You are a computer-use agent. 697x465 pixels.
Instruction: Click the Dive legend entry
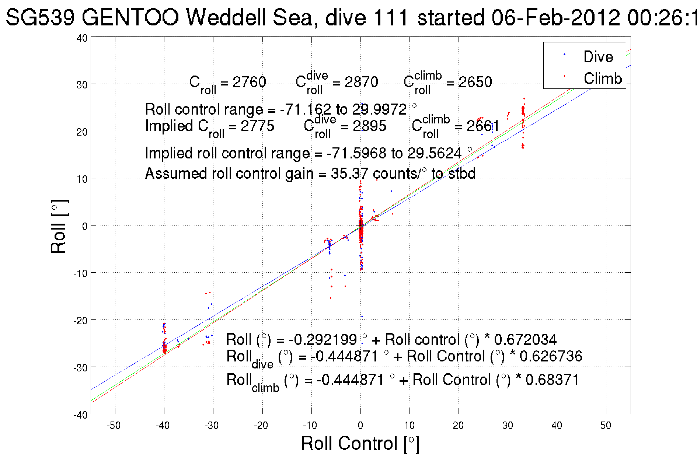click(598, 57)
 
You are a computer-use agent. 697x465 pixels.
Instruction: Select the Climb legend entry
click(602, 78)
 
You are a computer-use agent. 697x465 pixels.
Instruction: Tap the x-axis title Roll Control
click(360, 443)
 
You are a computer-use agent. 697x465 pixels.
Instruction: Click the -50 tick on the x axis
click(114, 426)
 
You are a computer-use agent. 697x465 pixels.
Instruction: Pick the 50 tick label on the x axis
click(606, 426)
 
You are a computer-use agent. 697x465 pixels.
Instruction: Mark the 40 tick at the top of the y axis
click(82, 38)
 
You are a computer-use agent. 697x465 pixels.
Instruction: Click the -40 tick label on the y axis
click(80, 415)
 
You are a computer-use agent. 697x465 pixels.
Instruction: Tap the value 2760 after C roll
click(249, 82)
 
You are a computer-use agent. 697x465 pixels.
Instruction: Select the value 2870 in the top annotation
click(361, 82)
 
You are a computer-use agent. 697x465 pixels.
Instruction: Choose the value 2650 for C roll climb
click(475, 82)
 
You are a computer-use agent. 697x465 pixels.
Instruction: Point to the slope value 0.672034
click(525, 340)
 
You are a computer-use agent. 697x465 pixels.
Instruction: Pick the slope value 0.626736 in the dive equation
click(551, 356)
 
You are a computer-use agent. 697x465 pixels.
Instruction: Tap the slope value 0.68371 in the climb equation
click(553, 380)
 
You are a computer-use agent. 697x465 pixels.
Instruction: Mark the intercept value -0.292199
click(323, 340)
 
